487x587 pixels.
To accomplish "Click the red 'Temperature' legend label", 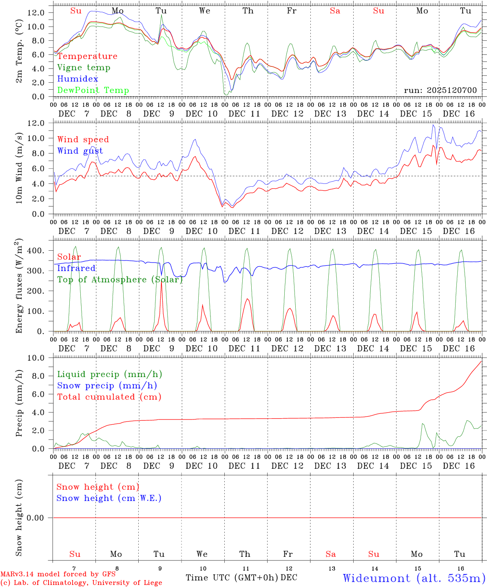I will (87, 56).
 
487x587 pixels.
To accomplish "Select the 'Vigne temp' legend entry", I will (84, 68).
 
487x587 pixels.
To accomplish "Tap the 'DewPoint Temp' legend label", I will (93, 90).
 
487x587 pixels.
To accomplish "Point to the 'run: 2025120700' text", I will (440, 90).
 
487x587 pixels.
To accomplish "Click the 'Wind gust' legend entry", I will (80, 151).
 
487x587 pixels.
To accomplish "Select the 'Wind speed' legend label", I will (83, 139).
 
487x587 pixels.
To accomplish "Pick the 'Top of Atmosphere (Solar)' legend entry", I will (120, 280).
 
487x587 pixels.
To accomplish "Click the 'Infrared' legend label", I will (76, 268).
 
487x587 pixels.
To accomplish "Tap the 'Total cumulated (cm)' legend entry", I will (109, 397).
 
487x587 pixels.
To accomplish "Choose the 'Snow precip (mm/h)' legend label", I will (107, 386).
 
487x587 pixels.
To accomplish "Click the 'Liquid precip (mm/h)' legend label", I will (109, 374).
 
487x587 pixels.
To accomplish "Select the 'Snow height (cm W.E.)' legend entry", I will (108, 498).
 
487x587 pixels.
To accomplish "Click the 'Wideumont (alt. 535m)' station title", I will (414, 578).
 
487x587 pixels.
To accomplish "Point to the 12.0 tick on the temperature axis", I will (35, 13).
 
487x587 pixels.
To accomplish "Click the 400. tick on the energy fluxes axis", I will (36, 251).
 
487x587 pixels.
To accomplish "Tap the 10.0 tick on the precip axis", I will (35, 358).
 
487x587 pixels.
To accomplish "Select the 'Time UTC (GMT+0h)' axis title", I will (232, 578).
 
